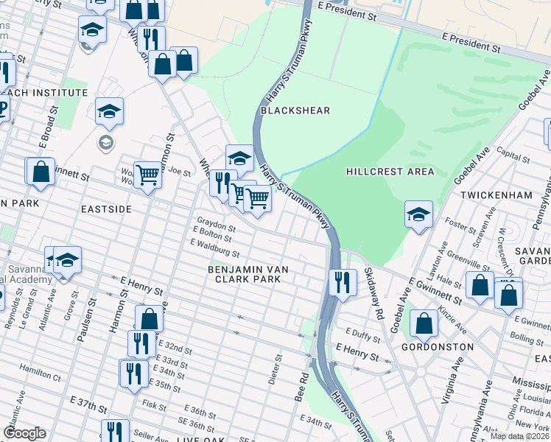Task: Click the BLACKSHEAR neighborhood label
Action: (295, 110)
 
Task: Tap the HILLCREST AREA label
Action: (390, 172)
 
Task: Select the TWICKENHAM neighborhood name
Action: (496, 195)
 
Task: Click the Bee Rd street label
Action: (303, 387)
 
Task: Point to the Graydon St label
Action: (215, 222)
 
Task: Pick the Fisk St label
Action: (155, 404)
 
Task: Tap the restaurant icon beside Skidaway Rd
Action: (342, 282)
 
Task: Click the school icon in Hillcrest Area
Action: (418, 214)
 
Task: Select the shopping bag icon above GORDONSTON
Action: (424, 323)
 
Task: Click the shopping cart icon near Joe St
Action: (147, 175)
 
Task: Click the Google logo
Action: (24, 433)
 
